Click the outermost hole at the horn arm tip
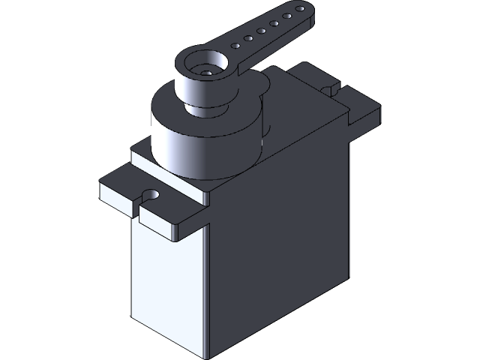[299, 10]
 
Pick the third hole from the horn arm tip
[274, 23]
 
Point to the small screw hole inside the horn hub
[204, 73]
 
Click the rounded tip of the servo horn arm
[304, 7]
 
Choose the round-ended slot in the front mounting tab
[151, 196]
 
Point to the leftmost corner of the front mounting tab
[99, 184]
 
